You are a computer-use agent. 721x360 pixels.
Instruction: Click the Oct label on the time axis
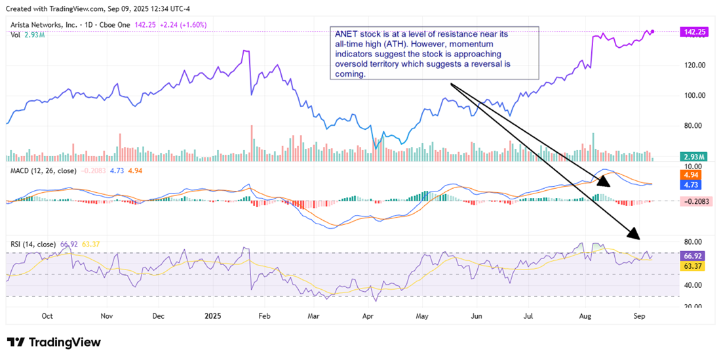click(x=47, y=315)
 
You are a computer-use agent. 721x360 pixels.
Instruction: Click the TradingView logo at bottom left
click(x=54, y=342)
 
